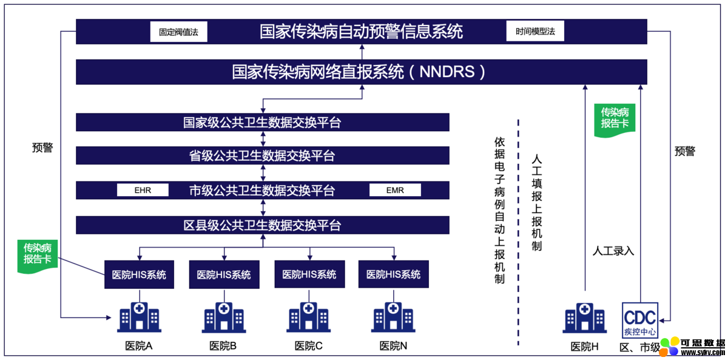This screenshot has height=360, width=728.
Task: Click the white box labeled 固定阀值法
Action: click(179, 32)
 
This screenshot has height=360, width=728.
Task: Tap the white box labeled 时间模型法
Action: click(535, 31)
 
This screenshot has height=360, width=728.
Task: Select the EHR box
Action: click(143, 190)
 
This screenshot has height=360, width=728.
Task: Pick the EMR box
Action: click(395, 190)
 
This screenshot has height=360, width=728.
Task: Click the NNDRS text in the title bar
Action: click(447, 72)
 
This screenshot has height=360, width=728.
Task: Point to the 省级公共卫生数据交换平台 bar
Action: click(263, 155)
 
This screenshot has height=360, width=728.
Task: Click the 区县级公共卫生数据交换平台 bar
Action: click(263, 225)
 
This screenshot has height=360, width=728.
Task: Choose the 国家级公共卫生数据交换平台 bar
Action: click(263, 122)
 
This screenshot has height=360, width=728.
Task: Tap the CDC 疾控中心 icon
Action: click(640, 321)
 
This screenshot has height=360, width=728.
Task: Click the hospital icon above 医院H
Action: click(585, 318)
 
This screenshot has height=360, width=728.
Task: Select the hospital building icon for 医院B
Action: click(224, 318)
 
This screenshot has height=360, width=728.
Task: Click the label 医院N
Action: click(393, 345)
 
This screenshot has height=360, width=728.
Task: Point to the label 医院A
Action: click(139, 345)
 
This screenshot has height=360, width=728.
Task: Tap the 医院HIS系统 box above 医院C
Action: click(309, 274)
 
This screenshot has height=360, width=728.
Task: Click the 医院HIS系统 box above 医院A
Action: click(139, 274)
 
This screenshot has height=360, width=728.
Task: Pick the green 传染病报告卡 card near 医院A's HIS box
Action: click(38, 257)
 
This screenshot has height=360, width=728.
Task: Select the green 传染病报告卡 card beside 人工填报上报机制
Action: click(615, 120)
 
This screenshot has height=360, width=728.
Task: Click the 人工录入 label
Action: click(613, 251)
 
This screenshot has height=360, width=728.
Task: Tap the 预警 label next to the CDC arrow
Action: click(685, 151)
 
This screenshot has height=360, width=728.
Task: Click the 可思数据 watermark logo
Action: click(692, 347)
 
